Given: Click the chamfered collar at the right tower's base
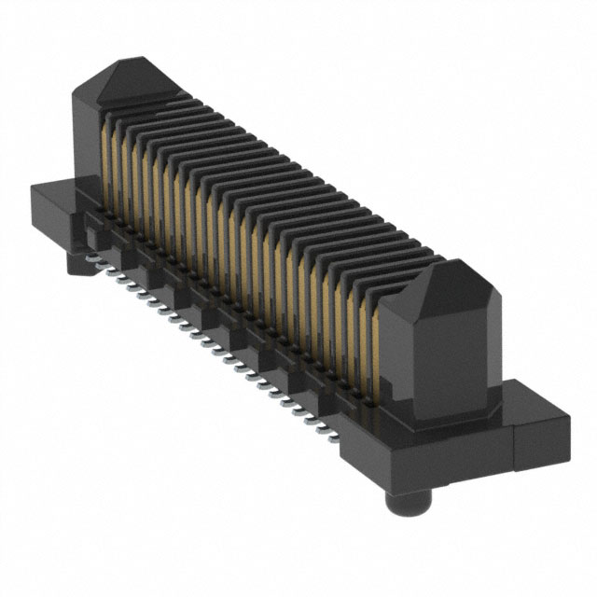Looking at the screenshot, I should coord(448,415).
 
